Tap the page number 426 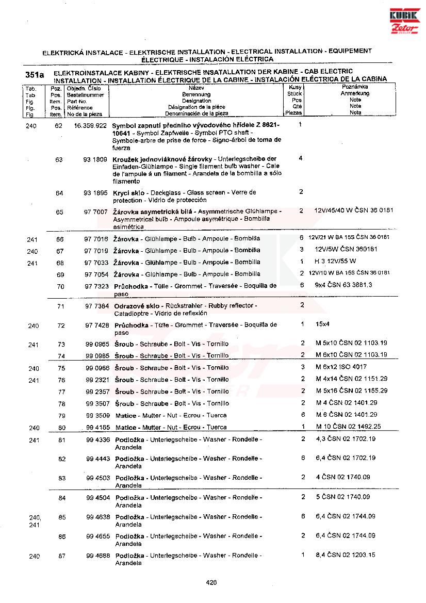tap(211, 582)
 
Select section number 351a tap(35, 75)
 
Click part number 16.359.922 tap(90, 125)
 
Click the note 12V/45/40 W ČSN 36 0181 tap(353, 211)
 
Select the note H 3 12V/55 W tap(335, 262)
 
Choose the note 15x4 tap(322, 324)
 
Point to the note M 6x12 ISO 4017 tap(341, 367)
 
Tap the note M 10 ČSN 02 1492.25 tap(348, 427)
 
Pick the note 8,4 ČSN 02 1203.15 tap(346, 555)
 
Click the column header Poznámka tap(355, 88)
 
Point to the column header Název tap(196, 88)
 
